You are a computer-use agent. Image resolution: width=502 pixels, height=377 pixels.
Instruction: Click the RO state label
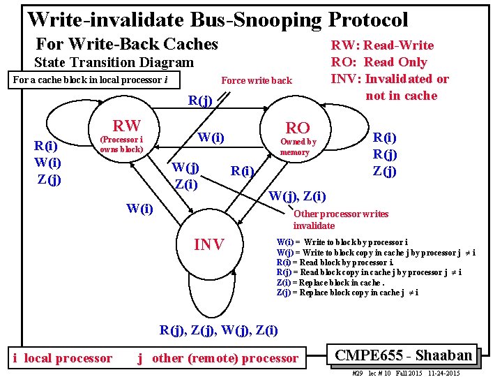coord(298,127)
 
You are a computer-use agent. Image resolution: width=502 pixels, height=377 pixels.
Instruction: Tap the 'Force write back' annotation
coord(256,80)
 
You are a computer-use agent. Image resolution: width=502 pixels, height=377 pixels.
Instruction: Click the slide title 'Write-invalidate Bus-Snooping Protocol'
coord(217,19)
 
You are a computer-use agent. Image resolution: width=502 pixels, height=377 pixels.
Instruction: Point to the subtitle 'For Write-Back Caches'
coord(126,45)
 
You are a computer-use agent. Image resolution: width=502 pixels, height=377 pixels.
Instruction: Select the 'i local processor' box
coord(63,358)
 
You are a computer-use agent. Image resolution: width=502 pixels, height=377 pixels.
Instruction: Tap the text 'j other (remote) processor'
coord(218,358)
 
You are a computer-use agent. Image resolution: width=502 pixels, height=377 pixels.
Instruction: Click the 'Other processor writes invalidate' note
coord(340,220)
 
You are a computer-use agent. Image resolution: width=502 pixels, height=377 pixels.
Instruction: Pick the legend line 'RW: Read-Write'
coord(381,45)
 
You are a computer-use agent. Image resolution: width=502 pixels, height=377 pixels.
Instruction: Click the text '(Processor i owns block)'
coord(121,144)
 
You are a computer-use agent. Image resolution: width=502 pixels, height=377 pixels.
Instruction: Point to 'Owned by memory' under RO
coord(298,147)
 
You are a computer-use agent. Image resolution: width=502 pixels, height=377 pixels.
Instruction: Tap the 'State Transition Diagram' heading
coord(114,63)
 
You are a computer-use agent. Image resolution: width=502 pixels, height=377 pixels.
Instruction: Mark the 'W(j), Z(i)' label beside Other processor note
coord(297,195)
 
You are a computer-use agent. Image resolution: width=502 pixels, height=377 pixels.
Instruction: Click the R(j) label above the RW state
coord(200,101)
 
